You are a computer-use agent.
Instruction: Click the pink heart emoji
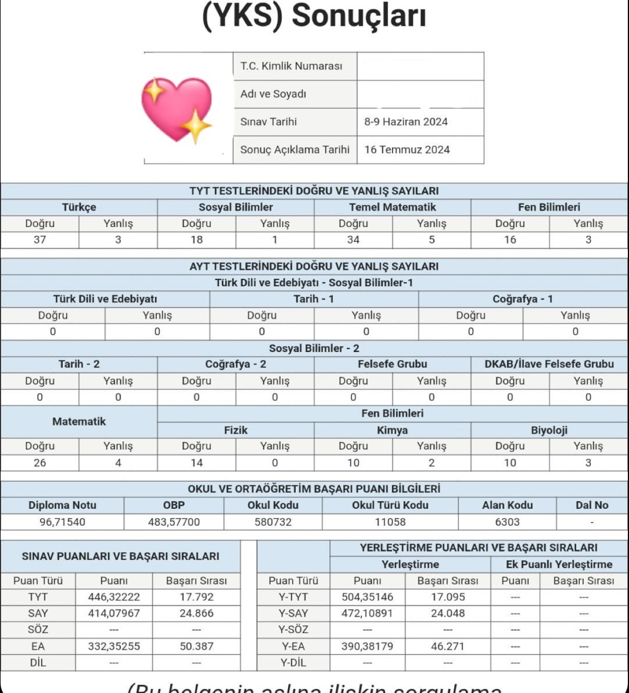click(x=176, y=109)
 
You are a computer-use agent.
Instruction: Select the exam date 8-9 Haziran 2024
click(x=405, y=122)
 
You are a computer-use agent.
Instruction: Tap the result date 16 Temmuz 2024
click(x=407, y=150)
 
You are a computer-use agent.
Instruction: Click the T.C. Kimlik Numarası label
click(x=291, y=66)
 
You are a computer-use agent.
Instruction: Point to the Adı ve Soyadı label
click(x=273, y=94)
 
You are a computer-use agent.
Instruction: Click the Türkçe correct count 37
click(x=40, y=239)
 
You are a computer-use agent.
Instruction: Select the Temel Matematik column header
click(x=392, y=207)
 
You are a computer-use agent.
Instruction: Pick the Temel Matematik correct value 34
click(x=353, y=239)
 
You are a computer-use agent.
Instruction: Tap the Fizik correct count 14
click(x=197, y=462)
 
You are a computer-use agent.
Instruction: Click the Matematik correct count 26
click(x=40, y=462)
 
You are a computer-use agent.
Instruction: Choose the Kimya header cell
click(x=392, y=430)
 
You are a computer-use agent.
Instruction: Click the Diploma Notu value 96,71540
click(x=62, y=522)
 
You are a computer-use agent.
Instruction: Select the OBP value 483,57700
click(x=174, y=522)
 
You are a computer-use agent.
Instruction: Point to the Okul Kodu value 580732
click(x=273, y=522)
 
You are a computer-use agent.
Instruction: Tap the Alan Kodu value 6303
click(x=507, y=522)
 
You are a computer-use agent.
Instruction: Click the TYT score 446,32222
click(x=114, y=597)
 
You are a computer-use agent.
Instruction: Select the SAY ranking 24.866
click(x=196, y=613)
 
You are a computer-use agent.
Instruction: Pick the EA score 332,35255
click(x=114, y=646)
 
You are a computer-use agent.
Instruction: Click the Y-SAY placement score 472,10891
click(x=367, y=613)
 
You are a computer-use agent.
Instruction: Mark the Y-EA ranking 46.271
click(x=447, y=646)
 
